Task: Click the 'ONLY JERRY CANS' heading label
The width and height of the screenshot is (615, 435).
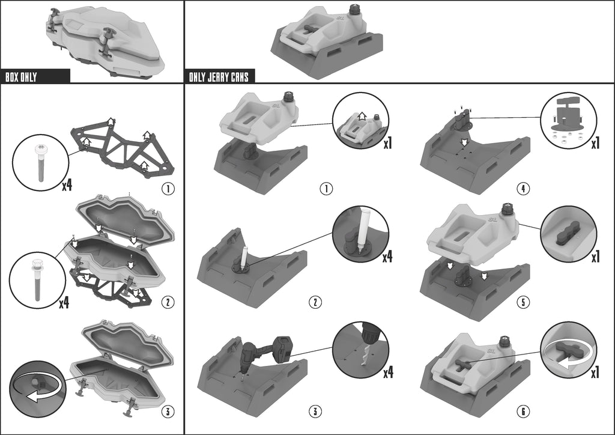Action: click(x=219, y=77)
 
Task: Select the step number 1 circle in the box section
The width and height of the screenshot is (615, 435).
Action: click(x=168, y=189)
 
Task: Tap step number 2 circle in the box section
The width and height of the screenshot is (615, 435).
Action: click(x=168, y=302)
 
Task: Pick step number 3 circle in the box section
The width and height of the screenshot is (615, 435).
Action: click(x=168, y=412)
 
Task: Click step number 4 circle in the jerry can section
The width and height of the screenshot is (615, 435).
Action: click(x=523, y=189)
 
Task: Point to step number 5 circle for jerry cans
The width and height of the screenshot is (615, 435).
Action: click(x=523, y=302)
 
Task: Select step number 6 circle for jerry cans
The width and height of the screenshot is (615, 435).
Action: click(x=523, y=412)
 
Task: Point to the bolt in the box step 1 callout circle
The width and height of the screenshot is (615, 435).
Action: click(x=39, y=163)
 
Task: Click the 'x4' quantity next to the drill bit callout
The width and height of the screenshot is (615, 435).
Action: click(x=387, y=372)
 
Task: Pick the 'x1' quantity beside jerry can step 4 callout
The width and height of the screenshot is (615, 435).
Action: click(x=596, y=144)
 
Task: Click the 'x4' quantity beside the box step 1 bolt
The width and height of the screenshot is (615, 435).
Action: click(x=67, y=184)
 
